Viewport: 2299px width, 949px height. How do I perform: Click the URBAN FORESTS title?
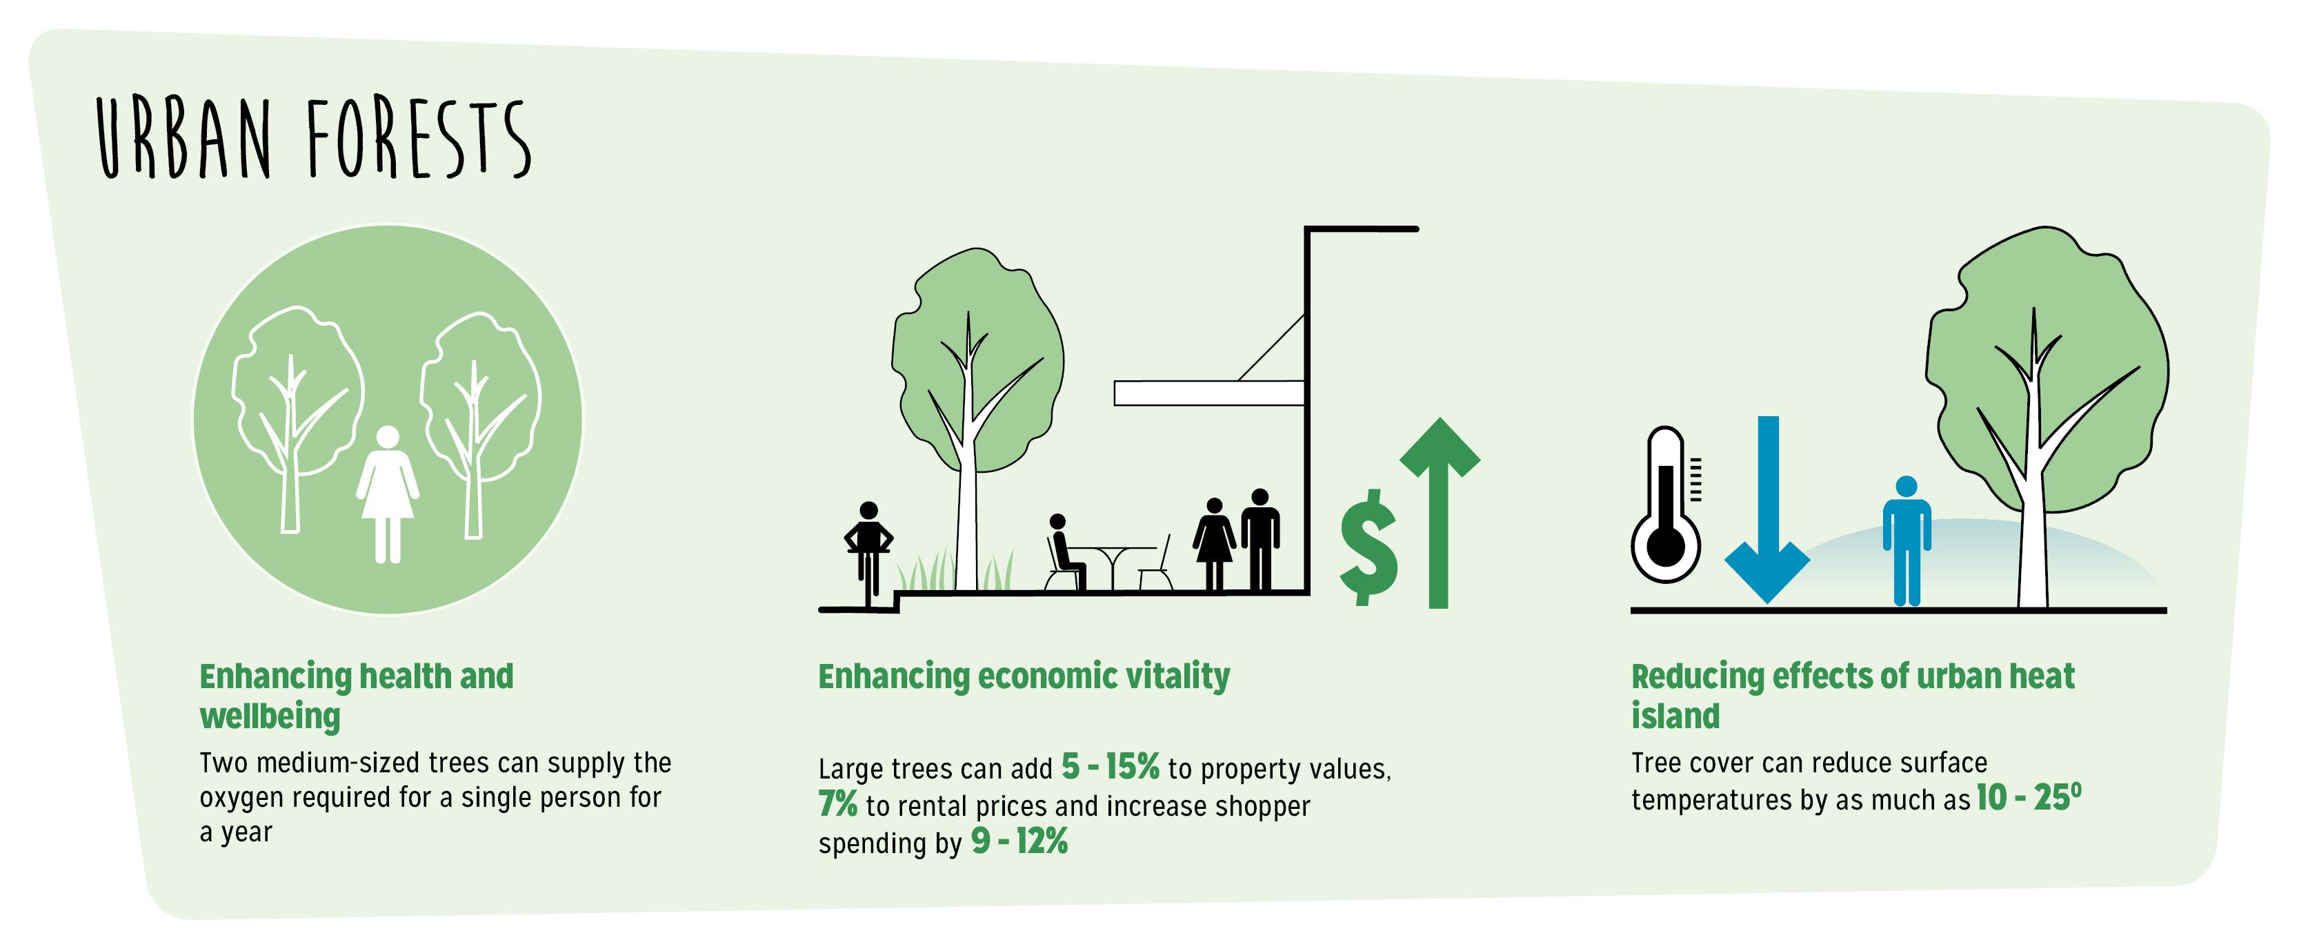pos(312,138)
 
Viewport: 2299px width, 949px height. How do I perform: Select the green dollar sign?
pos(1368,547)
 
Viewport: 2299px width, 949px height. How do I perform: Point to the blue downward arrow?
pos(1767,509)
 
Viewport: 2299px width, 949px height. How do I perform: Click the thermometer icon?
pos(1665,505)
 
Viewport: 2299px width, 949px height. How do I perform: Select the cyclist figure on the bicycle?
pos(868,549)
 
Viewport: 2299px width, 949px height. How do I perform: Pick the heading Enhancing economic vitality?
pos(1024,676)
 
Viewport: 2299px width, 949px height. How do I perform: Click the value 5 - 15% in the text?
pos(1109,767)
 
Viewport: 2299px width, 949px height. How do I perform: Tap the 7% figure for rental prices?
pos(837,804)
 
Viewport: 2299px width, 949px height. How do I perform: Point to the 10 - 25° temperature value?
pos(2028,797)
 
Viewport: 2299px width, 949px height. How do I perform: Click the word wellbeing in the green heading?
pos(270,716)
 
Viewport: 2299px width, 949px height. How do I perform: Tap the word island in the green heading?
pos(1675,716)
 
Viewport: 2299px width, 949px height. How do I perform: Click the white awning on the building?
pos(1208,393)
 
